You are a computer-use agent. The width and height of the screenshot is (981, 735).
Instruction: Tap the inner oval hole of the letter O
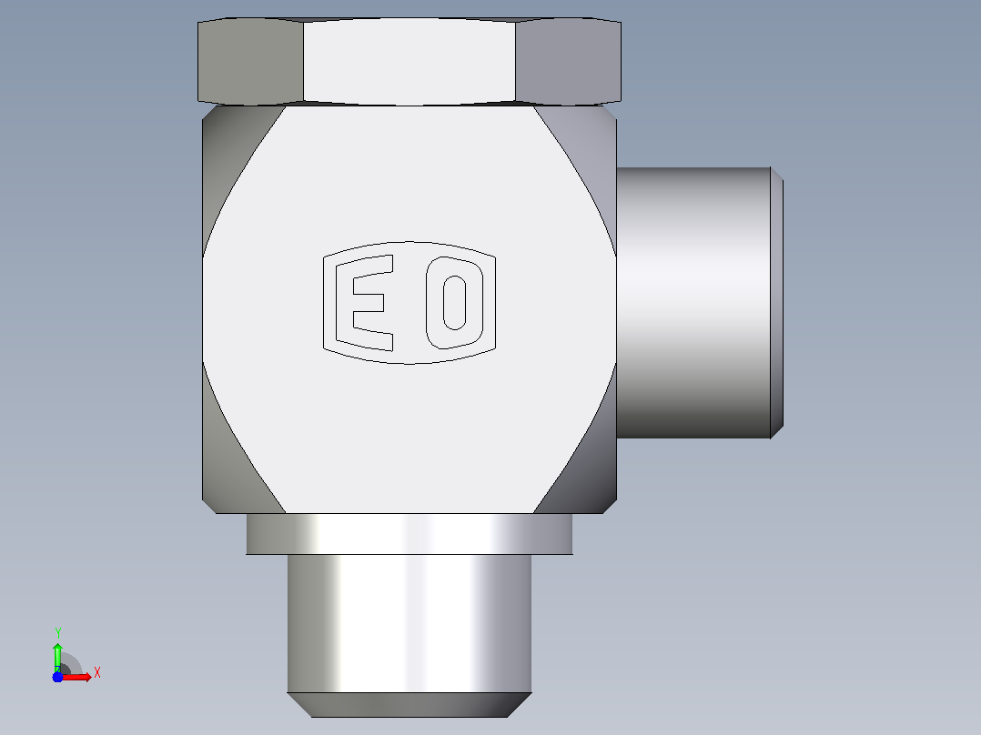click(x=454, y=303)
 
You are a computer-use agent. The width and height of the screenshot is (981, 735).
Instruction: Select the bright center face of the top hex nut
click(x=410, y=61)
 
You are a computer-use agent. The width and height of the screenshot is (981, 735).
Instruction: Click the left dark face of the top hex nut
click(x=250, y=61)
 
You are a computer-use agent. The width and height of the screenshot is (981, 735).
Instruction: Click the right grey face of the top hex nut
click(x=568, y=61)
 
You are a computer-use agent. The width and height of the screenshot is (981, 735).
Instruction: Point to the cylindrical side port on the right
click(x=693, y=303)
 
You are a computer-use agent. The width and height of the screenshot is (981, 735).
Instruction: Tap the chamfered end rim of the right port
click(x=777, y=303)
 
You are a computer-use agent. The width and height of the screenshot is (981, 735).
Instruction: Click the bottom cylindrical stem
click(x=410, y=623)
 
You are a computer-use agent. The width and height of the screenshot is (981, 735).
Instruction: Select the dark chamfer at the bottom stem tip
click(x=410, y=705)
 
